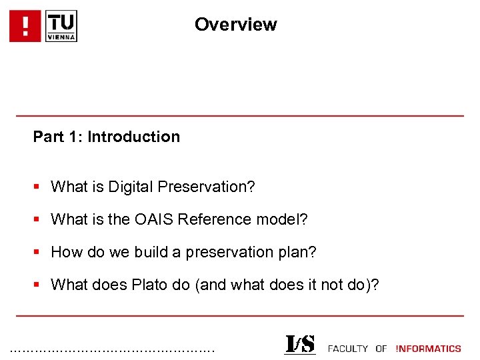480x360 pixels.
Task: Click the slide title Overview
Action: click(x=235, y=25)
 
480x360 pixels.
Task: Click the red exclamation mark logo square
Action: click(x=25, y=26)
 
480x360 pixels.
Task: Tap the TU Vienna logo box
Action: click(x=61, y=26)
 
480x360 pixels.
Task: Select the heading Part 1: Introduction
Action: click(x=107, y=137)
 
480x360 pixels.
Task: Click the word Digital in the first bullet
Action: click(x=133, y=187)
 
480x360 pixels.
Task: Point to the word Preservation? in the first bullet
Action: click(x=207, y=187)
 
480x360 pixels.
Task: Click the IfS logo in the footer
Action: click(x=300, y=345)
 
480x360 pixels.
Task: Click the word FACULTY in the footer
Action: click(x=348, y=348)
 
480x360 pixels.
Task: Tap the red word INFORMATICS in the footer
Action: click(x=428, y=348)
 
